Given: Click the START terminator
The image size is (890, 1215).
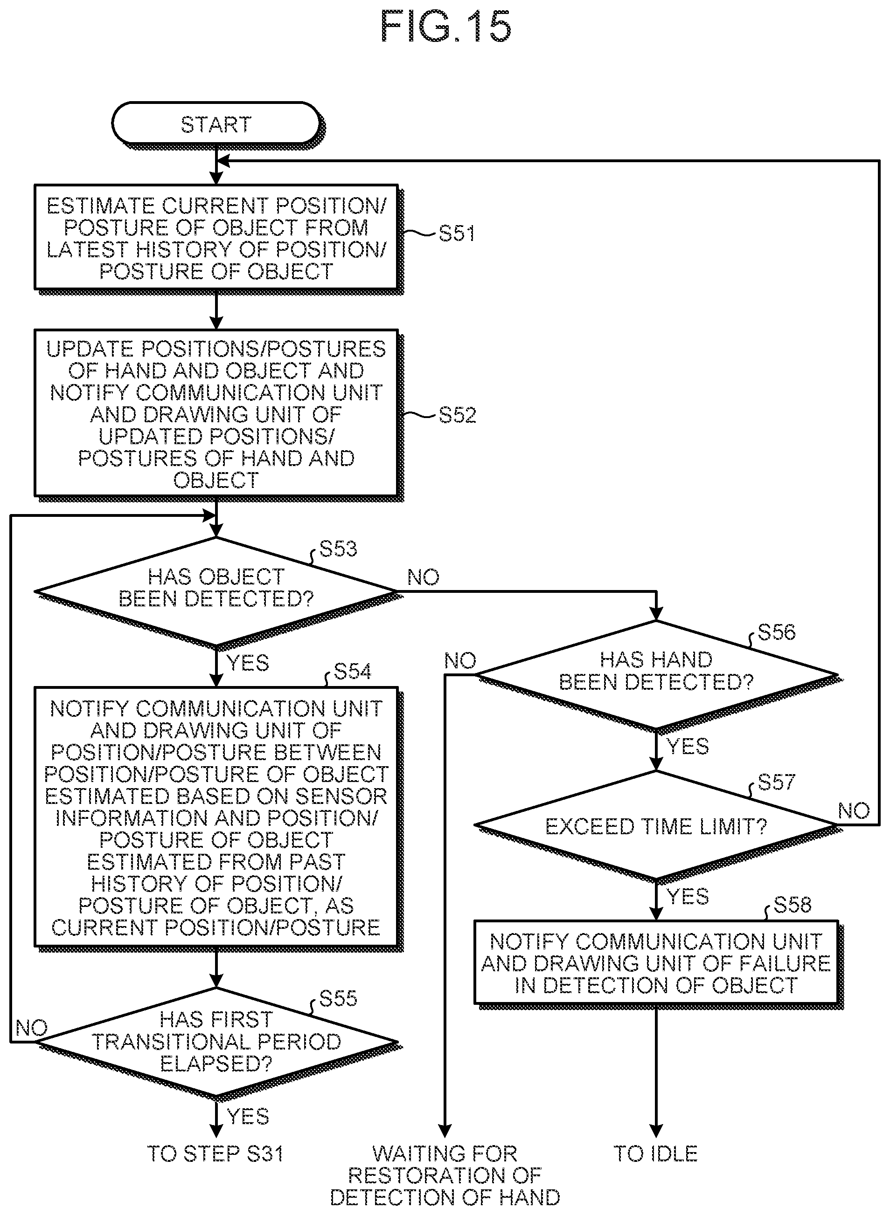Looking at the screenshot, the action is tap(216, 124).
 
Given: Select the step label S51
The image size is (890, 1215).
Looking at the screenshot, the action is tap(457, 233).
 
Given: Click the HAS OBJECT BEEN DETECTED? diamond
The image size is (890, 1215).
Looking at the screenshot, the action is tap(216, 591).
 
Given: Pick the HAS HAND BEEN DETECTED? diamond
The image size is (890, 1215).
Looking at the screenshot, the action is tap(656, 674).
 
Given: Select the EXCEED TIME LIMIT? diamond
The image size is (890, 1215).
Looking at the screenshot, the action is tap(656, 825).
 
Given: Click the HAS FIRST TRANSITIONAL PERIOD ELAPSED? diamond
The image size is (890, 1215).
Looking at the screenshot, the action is tap(216, 1041).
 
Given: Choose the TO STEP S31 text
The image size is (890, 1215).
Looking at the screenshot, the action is tap(216, 1154).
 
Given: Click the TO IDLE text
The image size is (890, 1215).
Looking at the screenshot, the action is tap(656, 1154).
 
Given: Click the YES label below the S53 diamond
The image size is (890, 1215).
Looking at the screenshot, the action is tap(248, 663).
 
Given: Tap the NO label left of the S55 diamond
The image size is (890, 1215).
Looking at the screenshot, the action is tap(32, 1028).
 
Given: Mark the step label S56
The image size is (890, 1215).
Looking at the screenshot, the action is tap(776, 632).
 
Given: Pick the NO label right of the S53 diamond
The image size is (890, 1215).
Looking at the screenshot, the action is tap(424, 577).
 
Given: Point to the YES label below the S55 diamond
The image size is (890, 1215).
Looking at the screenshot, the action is tap(248, 1117).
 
